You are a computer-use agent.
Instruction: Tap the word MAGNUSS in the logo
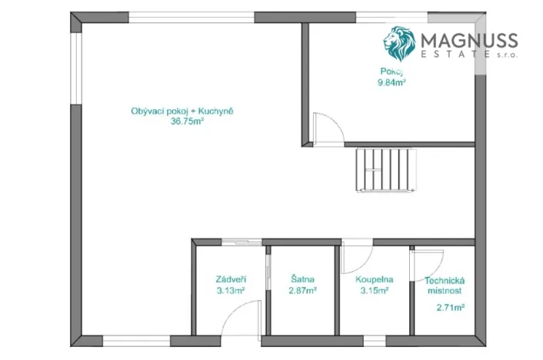(x=468, y=41)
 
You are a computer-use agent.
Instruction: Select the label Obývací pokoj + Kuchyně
(x=182, y=112)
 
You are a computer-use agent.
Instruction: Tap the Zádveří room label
(x=230, y=279)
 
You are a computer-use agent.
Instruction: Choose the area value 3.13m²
(x=230, y=290)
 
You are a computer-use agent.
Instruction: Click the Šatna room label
(x=302, y=279)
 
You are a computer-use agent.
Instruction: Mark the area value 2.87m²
(x=302, y=290)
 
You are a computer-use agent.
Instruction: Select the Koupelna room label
(x=375, y=279)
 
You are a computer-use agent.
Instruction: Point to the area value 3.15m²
(x=374, y=290)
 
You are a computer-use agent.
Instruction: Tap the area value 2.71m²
(x=450, y=308)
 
